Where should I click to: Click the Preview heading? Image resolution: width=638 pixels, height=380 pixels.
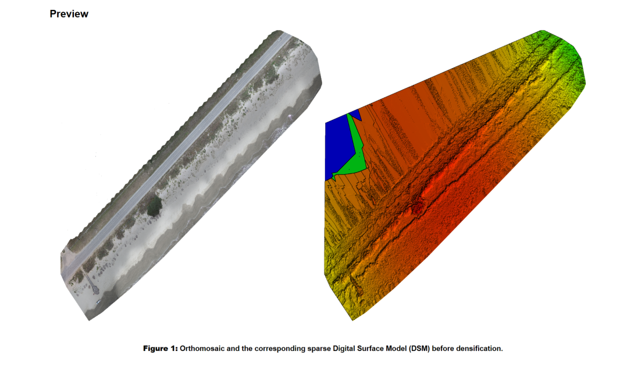pyautogui.click(x=69, y=14)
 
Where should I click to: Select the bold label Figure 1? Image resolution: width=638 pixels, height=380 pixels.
pyautogui.click(x=161, y=349)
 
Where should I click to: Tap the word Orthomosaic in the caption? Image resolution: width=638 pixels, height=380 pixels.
pyautogui.click(x=202, y=349)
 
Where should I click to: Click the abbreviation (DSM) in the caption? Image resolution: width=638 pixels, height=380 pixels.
pyautogui.click(x=419, y=349)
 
